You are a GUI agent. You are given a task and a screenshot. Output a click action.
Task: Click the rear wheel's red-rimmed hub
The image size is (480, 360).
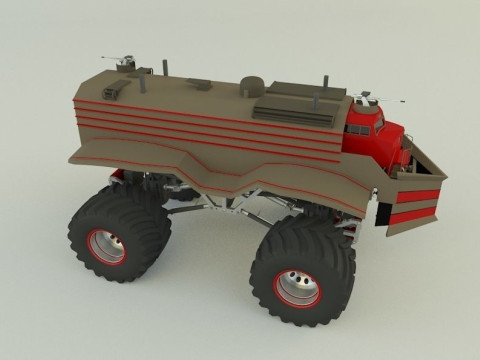(105, 247)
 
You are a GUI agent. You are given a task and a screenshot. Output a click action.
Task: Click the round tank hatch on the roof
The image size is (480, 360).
(252, 87)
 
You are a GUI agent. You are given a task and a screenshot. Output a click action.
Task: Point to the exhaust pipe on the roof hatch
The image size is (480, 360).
(319, 96)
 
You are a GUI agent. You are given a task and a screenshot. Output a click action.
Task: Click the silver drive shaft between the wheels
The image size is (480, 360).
(225, 212)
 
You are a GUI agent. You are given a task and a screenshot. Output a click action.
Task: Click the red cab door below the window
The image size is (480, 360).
(362, 145)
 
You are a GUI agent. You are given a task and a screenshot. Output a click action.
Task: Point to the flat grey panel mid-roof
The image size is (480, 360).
(200, 85)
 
